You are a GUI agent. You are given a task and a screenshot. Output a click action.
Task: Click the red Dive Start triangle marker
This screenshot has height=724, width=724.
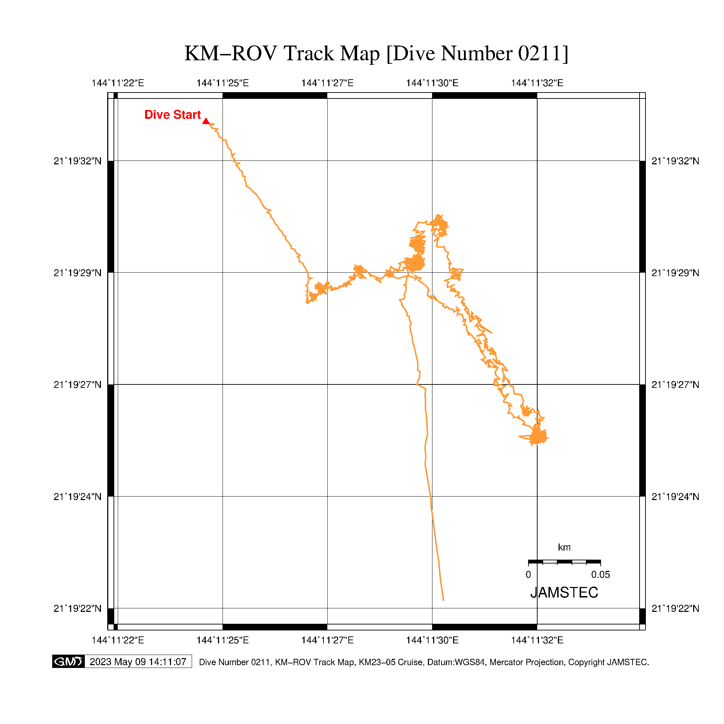pos(206,121)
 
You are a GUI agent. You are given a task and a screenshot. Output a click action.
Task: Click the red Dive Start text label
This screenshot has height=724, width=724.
pos(172,115)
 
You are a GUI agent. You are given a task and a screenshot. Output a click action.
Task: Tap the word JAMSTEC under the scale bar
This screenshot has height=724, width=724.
pos(564,593)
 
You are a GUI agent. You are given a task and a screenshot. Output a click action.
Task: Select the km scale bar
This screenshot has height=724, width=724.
pos(564,562)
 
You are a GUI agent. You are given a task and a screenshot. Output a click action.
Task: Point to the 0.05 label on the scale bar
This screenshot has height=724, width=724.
pos(600,574)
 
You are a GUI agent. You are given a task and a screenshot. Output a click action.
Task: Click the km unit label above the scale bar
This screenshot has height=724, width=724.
pos(564,547)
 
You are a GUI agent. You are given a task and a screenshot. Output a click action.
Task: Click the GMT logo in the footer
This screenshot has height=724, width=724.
pos(68,661)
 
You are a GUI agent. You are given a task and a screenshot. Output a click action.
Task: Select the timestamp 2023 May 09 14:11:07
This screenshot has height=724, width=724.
pos(138,662)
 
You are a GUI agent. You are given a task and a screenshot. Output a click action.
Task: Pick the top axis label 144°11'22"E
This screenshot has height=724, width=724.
pos(118,83)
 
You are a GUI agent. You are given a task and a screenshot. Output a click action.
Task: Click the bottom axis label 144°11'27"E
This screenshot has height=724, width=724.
pos(327,640)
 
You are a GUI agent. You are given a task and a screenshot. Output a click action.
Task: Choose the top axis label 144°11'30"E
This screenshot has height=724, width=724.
pos(432,83)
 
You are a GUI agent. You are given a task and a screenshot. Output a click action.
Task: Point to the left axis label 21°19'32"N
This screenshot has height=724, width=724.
pos(77,161)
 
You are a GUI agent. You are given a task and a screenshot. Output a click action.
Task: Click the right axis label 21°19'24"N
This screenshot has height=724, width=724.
pos(675,497)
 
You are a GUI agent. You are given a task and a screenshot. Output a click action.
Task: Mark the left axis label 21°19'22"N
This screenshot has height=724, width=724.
pos(77,609)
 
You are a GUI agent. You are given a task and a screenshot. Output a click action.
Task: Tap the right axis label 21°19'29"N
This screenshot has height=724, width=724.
pos(675,273)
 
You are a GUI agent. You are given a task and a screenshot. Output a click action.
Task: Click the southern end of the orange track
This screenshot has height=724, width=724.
pos(443,600)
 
